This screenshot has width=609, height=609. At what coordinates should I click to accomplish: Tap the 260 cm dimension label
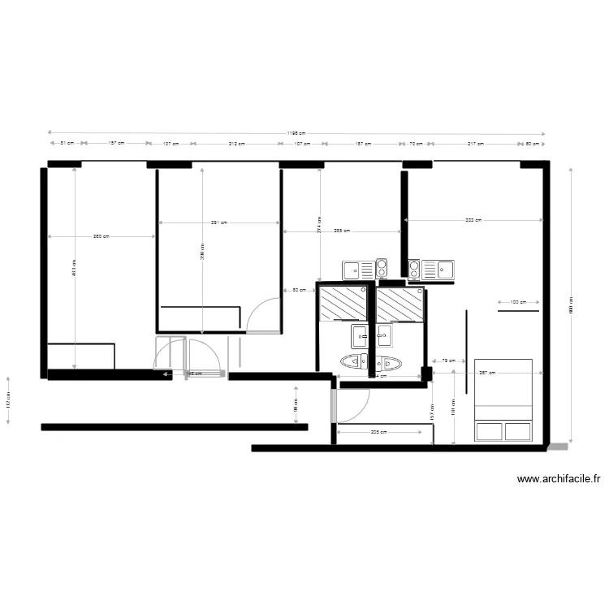101,236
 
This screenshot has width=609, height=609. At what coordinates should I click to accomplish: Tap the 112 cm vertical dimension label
8,401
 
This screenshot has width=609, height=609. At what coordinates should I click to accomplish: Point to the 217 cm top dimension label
476,144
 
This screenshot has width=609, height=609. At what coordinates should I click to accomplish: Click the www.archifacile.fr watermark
559,480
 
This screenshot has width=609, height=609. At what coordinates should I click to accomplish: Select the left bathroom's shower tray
343,304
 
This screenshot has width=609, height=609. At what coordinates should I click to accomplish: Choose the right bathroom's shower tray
400,304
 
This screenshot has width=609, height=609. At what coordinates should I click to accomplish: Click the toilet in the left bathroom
356,362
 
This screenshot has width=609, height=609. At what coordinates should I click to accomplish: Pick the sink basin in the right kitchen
444,269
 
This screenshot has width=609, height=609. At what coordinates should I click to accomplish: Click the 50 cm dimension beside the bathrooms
299,290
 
